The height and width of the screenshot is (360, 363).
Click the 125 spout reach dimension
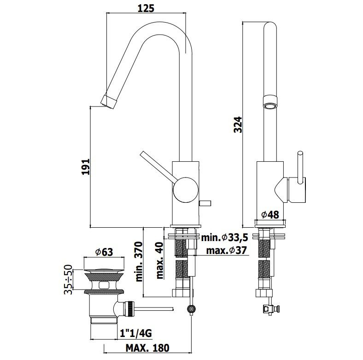(146, 8)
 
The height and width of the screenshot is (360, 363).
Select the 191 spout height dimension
(86, 167)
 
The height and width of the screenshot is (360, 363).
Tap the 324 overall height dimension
(238, 124)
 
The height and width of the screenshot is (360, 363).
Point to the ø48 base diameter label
(270, 215)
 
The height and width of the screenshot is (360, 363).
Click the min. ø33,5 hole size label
(224, 237)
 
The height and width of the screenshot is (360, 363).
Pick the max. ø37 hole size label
(227, 250)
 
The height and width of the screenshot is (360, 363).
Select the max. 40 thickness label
(160, 260)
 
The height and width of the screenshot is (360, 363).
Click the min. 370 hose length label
(139, 261)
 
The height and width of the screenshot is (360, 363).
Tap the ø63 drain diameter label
(104, 252)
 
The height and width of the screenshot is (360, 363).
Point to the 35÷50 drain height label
(68, 279)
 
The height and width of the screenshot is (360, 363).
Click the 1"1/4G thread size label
(136, 333)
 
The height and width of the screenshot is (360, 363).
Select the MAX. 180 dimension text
(147, 348)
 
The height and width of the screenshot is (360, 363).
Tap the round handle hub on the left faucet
(186, 190)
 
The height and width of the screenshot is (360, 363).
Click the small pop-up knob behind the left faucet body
(205, 203)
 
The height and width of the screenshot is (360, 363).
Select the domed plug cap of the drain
(104, 270)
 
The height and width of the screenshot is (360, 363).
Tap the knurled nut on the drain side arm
(129, 309)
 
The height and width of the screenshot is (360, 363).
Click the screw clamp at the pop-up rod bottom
(192, 309)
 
